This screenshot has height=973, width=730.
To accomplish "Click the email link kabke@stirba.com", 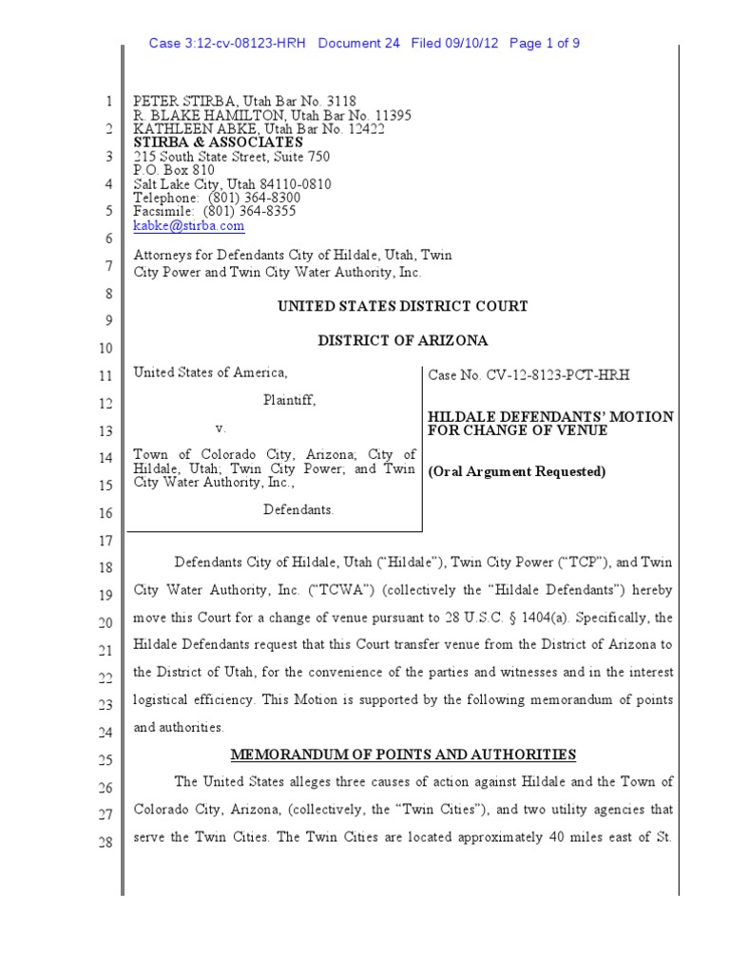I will [188, 226].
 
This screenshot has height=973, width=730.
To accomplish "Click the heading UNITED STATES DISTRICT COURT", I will [402, 306].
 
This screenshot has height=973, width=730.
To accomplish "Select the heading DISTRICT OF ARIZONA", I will [402, 340].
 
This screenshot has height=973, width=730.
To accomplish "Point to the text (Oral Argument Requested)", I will [516, 471].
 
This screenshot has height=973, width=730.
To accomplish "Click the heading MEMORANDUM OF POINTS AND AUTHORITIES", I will [404, 754].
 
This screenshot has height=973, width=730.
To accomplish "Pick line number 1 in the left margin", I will [107, 102].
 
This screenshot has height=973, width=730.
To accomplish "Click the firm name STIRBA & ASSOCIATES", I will [218, 143].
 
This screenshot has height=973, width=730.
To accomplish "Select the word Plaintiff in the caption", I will [289, 400].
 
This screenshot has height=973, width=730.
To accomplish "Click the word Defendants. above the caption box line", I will [298, 509].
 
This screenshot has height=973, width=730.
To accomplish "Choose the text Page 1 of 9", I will [546, 44].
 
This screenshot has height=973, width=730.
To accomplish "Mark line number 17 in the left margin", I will [106, 542].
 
